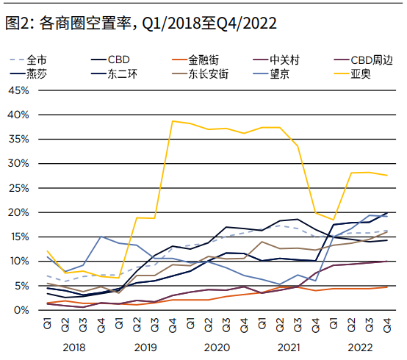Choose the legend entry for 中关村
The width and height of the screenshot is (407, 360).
coord(284,60)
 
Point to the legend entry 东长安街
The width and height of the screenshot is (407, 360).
coord(208,73)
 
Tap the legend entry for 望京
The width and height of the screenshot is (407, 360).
coord(284,73)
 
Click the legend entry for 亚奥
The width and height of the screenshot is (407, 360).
coord(361,73)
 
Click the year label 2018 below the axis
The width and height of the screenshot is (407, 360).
coord(75,345)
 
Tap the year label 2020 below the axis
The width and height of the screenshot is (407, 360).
coord(218,345)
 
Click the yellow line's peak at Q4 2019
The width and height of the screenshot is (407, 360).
coord(173,121)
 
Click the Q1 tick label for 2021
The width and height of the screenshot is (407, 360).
coord(264,323)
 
